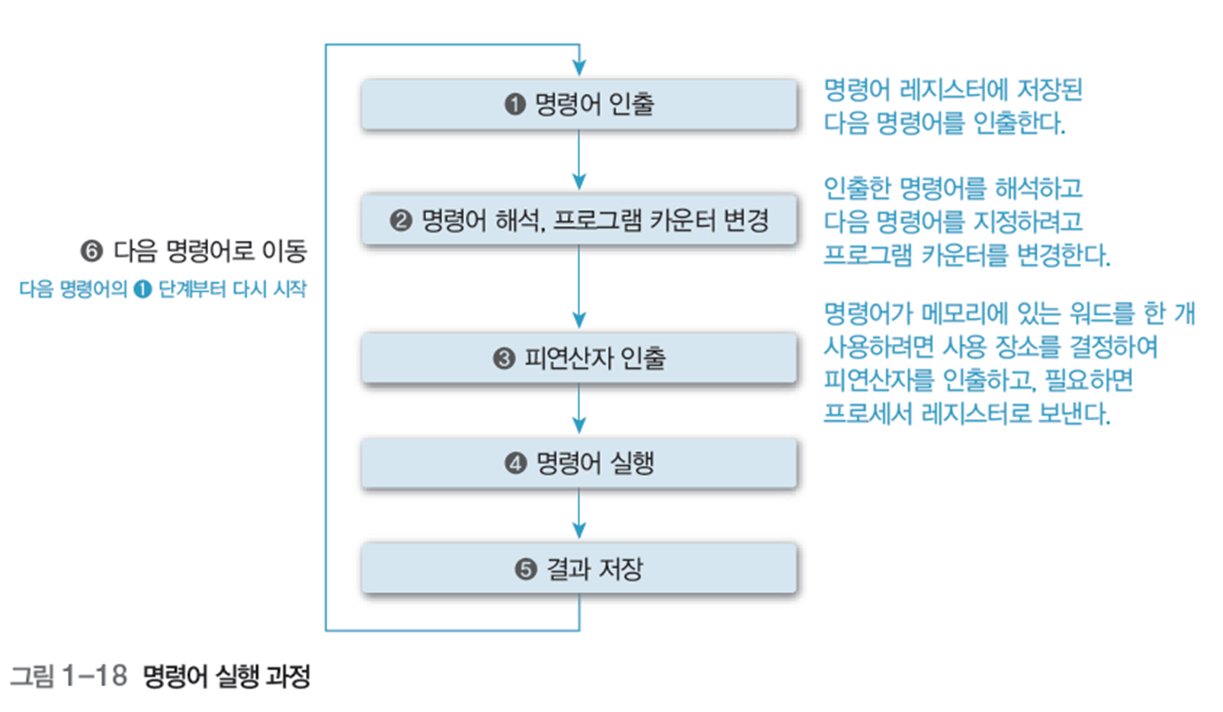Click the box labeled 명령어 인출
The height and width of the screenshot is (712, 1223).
pos(579,105)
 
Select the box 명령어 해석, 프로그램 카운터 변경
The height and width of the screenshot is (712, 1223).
pos(579,221)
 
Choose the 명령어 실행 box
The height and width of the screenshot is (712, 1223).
pos(579,463)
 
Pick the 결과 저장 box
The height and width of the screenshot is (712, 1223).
pos(579,568)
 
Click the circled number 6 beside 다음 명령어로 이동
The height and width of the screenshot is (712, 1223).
pos(90,251)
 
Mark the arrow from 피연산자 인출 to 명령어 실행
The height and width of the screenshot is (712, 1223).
pos(579,409)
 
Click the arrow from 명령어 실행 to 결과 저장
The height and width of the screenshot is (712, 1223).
pos(579,515)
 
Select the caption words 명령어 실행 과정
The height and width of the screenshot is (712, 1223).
pos(227,677)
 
